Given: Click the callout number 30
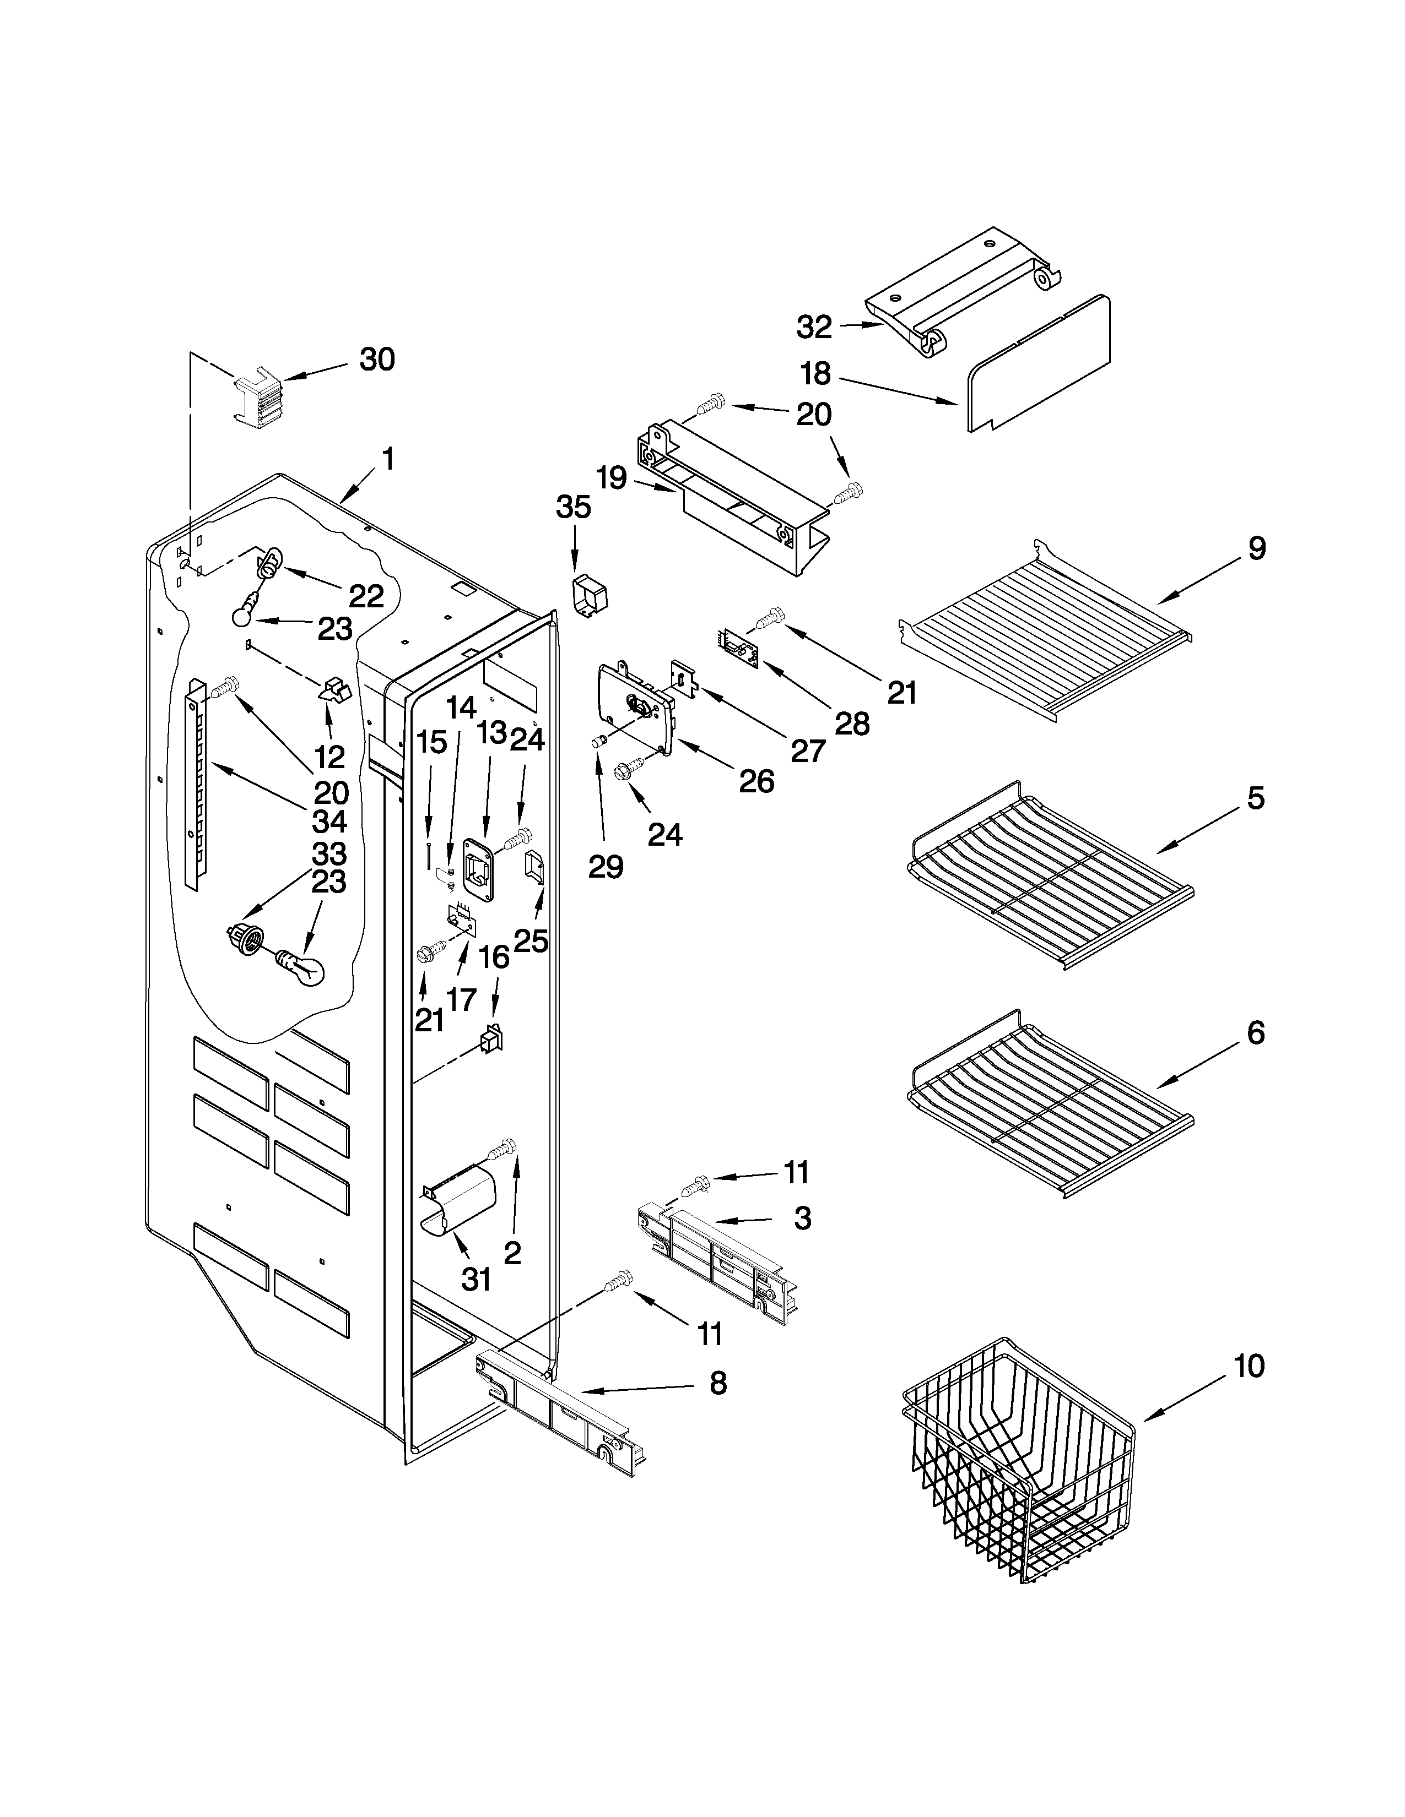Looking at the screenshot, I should pos(376,360).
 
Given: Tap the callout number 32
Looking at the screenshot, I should pos(813,327).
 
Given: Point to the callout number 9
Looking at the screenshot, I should pos(1256,548).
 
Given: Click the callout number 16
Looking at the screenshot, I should pos(494,958).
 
